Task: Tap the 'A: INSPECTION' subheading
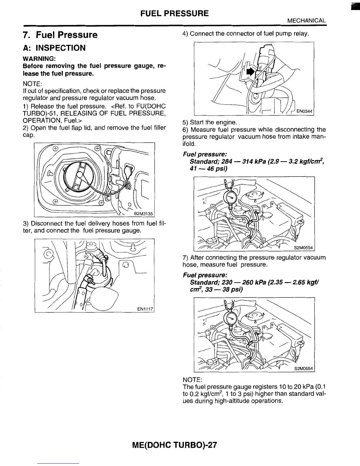click(x=54, y=48)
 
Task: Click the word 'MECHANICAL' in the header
click(x=306, y=21)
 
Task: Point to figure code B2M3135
click(x=144, y=214)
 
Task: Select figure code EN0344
click(x=305, y=111)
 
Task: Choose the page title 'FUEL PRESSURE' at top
click(x=174, y=13)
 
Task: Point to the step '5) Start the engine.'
click(x=209, y=122)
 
